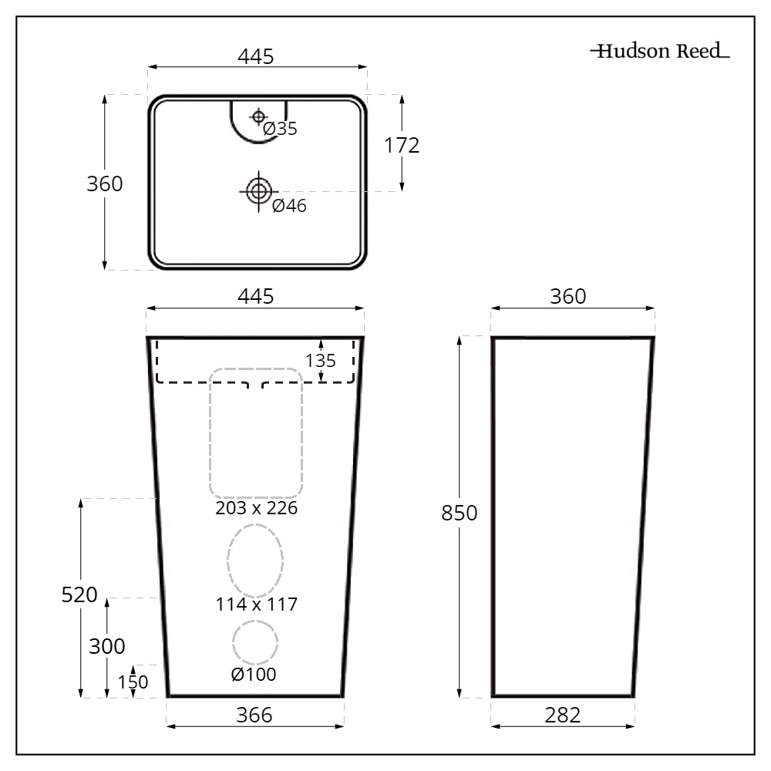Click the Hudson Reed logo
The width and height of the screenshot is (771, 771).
click(660, 52)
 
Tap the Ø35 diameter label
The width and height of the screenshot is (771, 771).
click(280, 129)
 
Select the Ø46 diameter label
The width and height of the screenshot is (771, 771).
click(289, 205)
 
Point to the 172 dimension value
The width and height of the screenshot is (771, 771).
click(402, 145)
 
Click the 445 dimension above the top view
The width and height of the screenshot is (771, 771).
click(256, 57)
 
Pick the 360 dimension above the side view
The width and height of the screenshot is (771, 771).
click(568, 297)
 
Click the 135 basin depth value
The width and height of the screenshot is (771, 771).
click(321, 361)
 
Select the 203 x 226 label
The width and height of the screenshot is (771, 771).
click(256, 509)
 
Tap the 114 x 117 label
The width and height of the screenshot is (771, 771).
click(256, 604)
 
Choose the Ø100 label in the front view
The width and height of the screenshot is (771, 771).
click(254, 675)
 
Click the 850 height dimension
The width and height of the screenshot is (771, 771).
click(460, 513)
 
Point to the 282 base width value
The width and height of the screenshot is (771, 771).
click(562, 715)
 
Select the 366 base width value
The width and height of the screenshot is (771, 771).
click(254, 715)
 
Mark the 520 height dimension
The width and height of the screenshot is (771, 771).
click(79, 594)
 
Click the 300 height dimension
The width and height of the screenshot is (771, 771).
click(107, 646)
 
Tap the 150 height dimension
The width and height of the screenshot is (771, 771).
click(133, 682)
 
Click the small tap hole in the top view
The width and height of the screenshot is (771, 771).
click(258, 116)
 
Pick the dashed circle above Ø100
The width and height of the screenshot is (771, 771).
click(254, 642)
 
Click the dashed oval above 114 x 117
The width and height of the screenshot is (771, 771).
click(255, 561)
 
